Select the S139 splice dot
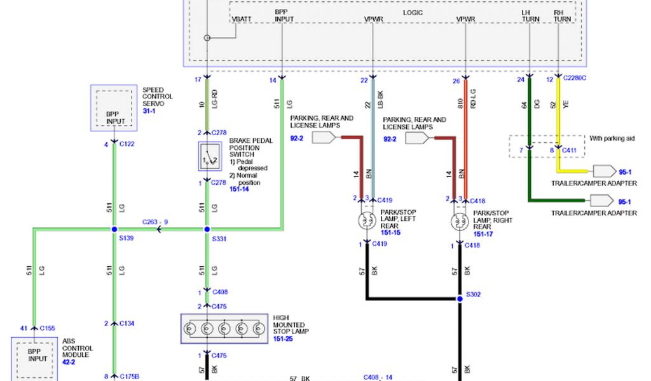point(114,229)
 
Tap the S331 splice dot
point(207,229)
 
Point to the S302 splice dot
point(460,298)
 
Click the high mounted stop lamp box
point(223,329)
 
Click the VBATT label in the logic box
point(242,20)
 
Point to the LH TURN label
point(530,16)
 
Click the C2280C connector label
point(575,79)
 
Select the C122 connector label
point(127,144)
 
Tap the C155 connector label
point(48,328)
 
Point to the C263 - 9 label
point(155,222)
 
